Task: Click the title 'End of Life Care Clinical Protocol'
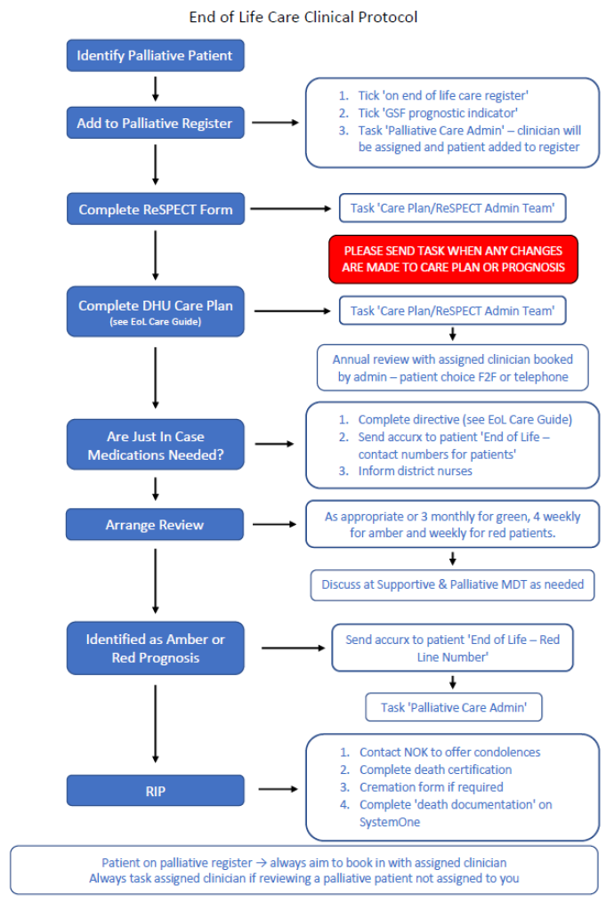pyautogui.click(x=303, y=17)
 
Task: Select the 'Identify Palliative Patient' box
pyautogui.click(x=155, y=55)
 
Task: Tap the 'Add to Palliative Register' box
pyautogui.click(x=155, y=123)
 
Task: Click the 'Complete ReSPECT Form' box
pyautogui.click(x=155, y=210)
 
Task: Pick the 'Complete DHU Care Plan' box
pyautogui.click(x=155, y=311)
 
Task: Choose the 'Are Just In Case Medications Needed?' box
pyautogui.click(x=155, y=446)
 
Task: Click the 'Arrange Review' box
pyautogui.click(x=155, y=525)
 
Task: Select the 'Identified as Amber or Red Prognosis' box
pyautogui.click(x=155, y=648)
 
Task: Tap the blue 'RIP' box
pyautogui.click(x=155, y=790)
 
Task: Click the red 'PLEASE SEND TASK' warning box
pyautogui.click(x=453, y=259)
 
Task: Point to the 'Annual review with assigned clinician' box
pyautogui.click(x=452, y=367)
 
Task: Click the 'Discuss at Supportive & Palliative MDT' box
pyautogui.click(x=452, y=584)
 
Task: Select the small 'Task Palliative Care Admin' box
pyautogui.click(x=453, y=707)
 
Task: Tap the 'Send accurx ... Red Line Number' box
pyautogui.click(x=452, y=648)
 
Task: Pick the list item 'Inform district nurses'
pyautogui.click(x=415, y=471)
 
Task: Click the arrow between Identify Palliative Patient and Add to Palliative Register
pyautogui.click(x=156, y=88)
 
